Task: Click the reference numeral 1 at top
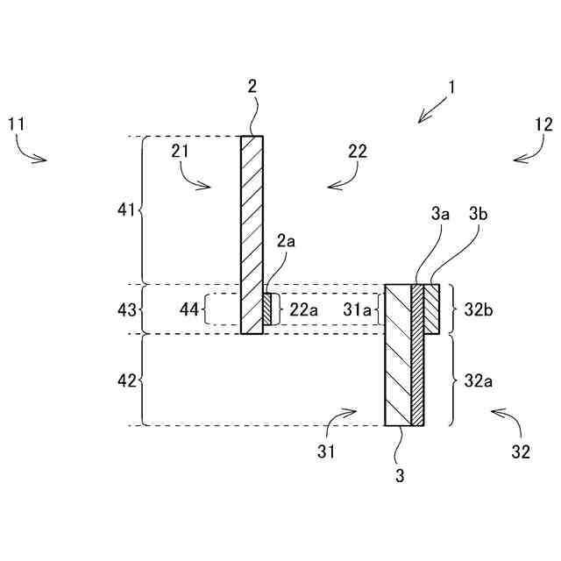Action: (452, 88)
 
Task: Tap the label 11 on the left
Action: (16, 124)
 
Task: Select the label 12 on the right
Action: (543, 124)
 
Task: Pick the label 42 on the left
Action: (127, 380)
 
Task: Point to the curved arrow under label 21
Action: (197, 179)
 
